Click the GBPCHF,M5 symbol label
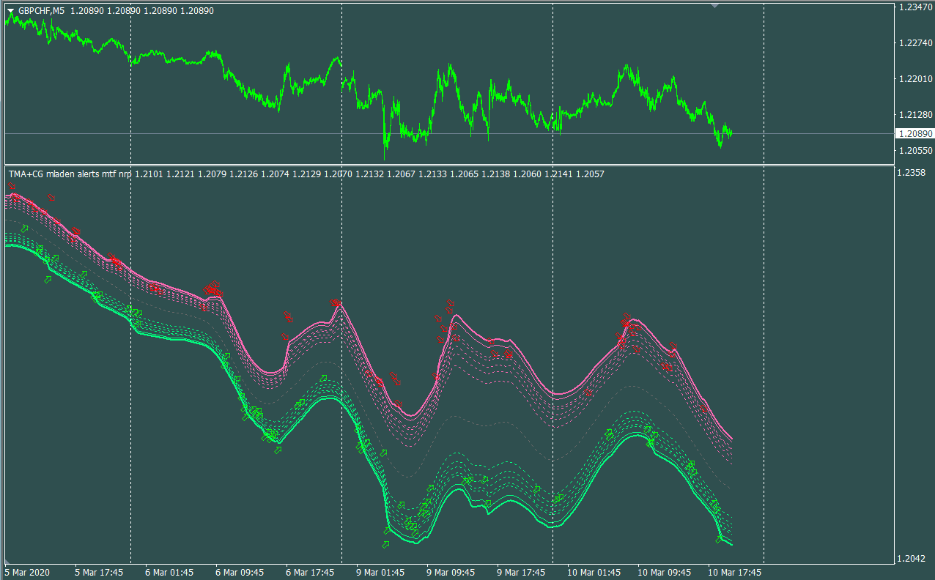pyautogui.click(x=41, y=11)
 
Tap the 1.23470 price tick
pyautogui.click(x=914, y=7)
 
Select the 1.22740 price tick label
pyautogui.click(x=914, y=43)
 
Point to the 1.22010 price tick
pyautogui.click(x=914, y=79)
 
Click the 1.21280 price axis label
pyautogui.click(x=914, y=115)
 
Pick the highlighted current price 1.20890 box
pyautogui.click(x=914, y=134)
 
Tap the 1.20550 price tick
pyautogui.click(x=914, y=151)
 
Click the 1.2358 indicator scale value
pyautogui.click(x=911, y=173)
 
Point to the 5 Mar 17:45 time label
pyautogui.click(x=99, y=572)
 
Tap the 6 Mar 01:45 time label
pyautogui.click(x=169, y=572)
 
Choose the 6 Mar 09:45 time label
pyautogui.click(x=240, y=572)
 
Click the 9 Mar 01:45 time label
pyautogui.click(x=380, y=572)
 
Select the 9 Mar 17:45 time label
pyautogui.click(x=521, y=572)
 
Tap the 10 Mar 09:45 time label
pyautogui.click(x=663, y=572)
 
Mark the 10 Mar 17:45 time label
pyautogui.click(x=733, y=572)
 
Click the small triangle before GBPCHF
pyautogui.click(x=10, y=11)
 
